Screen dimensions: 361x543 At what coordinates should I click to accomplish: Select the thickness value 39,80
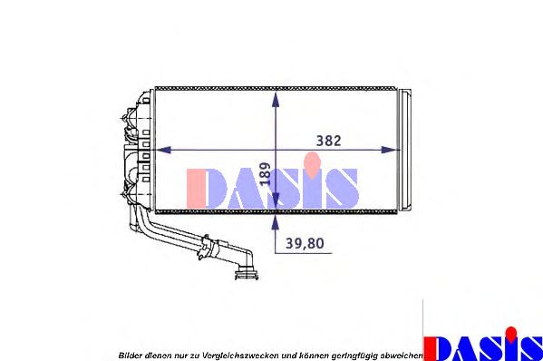[x=310, y=242]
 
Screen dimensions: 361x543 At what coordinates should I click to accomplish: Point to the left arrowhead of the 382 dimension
[x=163, y=150]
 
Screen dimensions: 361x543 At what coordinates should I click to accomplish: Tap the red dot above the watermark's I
[x=314, y=162]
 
